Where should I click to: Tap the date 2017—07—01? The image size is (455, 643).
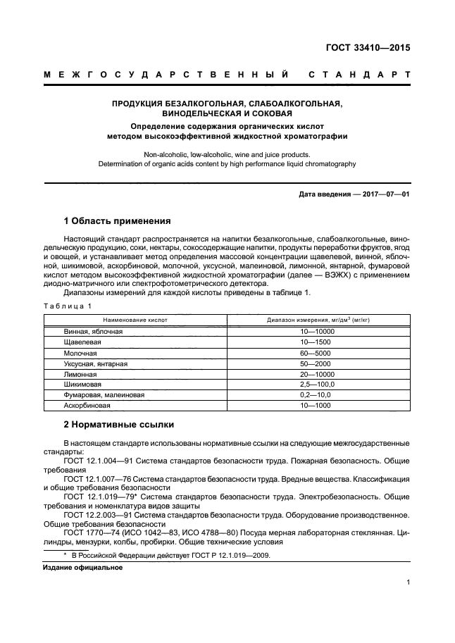tap(384, 194)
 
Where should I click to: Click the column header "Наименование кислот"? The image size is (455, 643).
tap(137, 320)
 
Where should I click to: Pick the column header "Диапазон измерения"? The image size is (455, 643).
tap(318, 320)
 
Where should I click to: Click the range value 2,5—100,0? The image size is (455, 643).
tap(318, 385)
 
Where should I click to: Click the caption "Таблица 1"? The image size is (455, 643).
tap(68, 306)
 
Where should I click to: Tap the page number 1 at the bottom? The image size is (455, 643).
tap(408, 582)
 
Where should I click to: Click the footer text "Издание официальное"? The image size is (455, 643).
tap(77, 567)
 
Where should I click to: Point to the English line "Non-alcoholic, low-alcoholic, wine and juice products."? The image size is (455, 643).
tap(227, 154)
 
